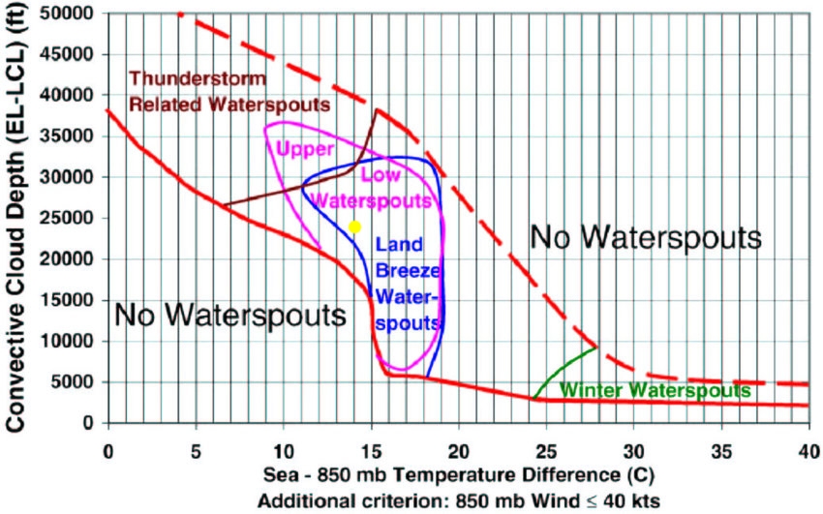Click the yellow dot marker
click(x=354, y=227)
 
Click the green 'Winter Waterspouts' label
click(x=655, y=391)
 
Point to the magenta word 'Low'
click(x=379, y=175)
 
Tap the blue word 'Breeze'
click(x=407, y=268)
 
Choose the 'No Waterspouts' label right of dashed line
click(x=646, y=235)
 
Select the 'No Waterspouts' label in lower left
click(x=229, y=315)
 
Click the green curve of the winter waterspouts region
click(x=562, y=368)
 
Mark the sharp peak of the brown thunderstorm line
click(x=378, y=109)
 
